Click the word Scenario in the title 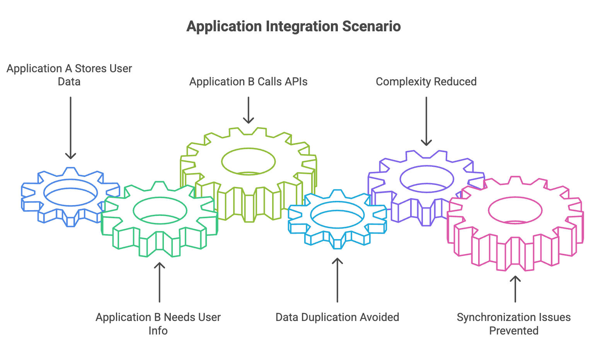click(x=371, y=26)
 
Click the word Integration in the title click(x=302, y=27)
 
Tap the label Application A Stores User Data click(x=69, y=75)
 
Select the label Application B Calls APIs click(x=248, y=82)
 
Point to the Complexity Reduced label click(x=426, y=82)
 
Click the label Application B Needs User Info click(x=158, y=324)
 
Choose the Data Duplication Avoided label click(x=337, y=317)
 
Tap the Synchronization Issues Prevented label click(x=514, y=324)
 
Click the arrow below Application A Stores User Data click(x=71, y=128)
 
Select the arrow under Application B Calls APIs click(x=248, y=110)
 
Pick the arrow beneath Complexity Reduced click(x=426, y=121)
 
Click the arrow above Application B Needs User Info click(x=160, y=282)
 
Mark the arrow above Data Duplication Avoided click(x=337, y=280)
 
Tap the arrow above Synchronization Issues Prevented click(x=515, y=289)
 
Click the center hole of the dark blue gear click(x=71, y=193)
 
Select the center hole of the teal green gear click(x=160, y=211)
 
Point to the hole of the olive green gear click(x=248, y=161)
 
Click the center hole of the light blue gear click(x=337, y=215)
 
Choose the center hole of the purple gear click(x=427, y=179)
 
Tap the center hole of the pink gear click(x=515, y=211)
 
